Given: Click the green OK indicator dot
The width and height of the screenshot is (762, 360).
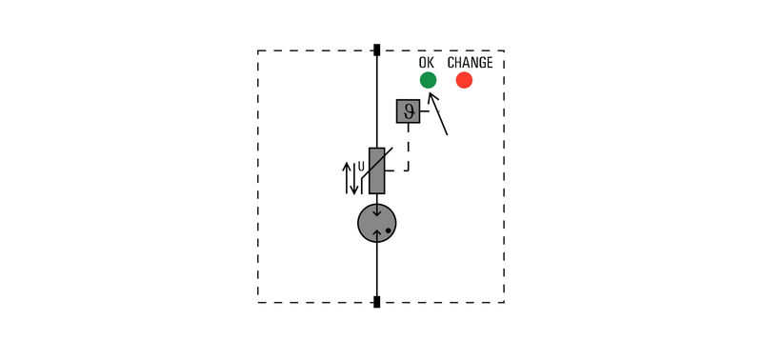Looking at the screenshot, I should pyautogui.click(x=428, y=80).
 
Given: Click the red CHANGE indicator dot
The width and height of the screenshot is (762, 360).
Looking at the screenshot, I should pyautogui.click(x=464, y=80).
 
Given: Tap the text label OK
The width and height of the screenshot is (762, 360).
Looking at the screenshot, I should pyautogui.click(x=427, y=63).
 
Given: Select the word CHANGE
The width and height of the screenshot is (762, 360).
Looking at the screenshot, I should pyautogui.click(x=470, y=63).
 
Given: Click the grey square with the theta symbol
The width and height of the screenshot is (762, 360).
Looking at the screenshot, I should pyautogui.click(x=408, y=111).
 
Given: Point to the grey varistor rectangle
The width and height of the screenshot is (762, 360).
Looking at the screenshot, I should pyautogui.click(x=377, y=170).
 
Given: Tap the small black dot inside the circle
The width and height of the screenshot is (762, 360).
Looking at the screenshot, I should pyautogui.click(x=389, y=230).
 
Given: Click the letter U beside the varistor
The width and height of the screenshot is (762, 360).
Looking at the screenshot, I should pyautogui.click(x=361, y=167).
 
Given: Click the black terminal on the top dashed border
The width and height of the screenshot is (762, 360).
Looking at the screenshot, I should pyautogui.click(x=377, y=50).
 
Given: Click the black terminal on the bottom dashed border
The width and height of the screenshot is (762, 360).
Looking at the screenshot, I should pyautogui.click(x=377, y=303).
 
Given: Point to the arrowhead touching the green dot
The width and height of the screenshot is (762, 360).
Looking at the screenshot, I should pyautogui.click(x=431, y=95).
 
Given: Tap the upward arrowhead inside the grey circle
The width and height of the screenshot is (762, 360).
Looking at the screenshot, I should pyautogui.click(x=377, y=233).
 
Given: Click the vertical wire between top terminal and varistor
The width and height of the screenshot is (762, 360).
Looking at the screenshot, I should pyautogui.click(x=377, y=100).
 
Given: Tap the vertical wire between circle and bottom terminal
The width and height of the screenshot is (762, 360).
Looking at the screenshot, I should pyautogui.click(x=377, y=270).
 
